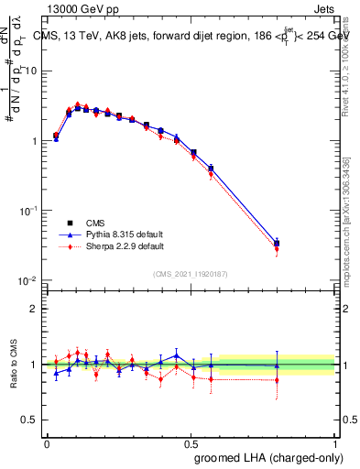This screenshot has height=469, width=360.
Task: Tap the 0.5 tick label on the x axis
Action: tap(191, 442)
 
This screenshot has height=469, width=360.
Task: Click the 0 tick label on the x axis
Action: tap(47, 442)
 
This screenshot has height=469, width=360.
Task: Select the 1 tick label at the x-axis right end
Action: tap(334, 442)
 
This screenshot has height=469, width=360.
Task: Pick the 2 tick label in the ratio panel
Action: tap(36, 309)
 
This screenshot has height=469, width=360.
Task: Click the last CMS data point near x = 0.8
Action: tap(277, 244)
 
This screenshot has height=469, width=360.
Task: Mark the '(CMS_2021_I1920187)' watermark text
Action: tap(191, 273)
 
